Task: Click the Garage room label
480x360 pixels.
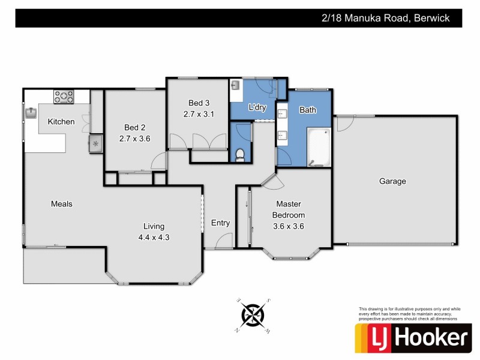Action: (x=392, y=181)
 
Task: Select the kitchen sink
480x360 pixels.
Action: (x=31, y=112)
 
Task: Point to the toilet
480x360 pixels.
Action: (x=240, y=155)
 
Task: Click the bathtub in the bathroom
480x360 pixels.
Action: (x=319, y=146)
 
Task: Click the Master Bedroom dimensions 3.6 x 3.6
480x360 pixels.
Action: (x=289, y=226)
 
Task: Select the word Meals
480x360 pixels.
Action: (x=61, y=204)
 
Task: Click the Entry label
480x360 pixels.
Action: (x=220, y=223)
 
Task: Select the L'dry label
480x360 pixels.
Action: (x=257, y=107)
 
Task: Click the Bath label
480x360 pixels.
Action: (x=308, y=110)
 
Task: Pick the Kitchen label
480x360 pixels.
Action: (x=61, y=122)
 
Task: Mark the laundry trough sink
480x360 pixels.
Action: (x=235, y=86)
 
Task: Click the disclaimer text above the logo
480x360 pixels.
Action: (x=408, y=314)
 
